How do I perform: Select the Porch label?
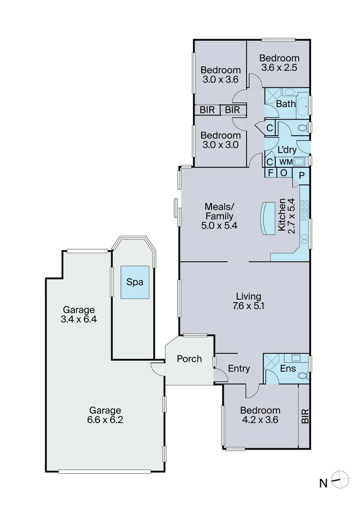coord(189,359)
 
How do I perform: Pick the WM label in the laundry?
coord(286,162)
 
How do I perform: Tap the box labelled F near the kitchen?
coord(270,172)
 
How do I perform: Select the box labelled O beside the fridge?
coord(284,172)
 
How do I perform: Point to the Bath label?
coord(286,104)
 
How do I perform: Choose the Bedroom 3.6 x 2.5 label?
coord(280,63)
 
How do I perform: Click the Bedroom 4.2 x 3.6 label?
coord(260,415)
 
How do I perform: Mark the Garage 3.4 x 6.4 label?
coord(79,315)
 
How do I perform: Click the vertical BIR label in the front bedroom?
coord(304,415)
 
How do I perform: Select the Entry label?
coord(238,369)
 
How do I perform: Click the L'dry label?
coord(286,150)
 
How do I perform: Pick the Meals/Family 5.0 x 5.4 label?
coord(219,216)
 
